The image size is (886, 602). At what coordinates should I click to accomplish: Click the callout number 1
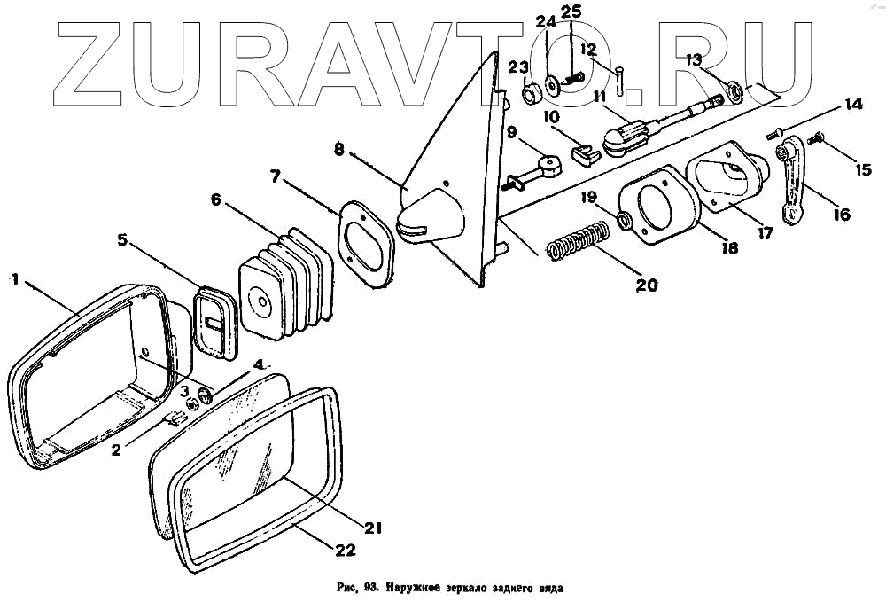(x=14, y=278)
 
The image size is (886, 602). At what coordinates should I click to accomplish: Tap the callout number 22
(x=346, y=550)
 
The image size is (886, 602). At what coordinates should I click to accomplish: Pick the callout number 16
(x=841, y=214)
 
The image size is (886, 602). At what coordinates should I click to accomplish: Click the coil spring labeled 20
(x=578, y=242)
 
